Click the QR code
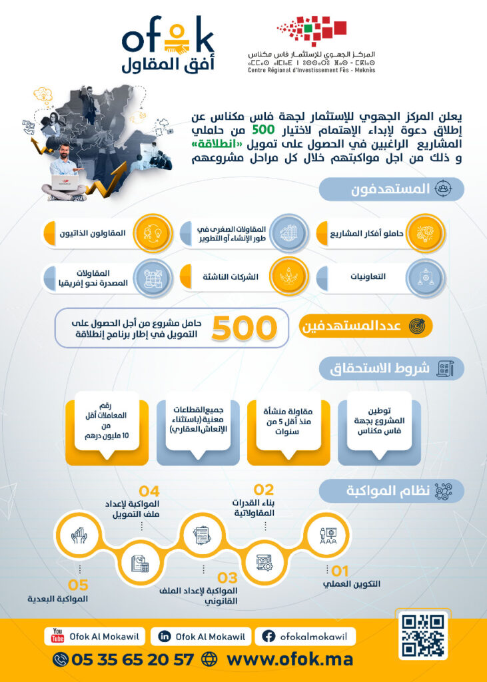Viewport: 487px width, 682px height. click(423, 635)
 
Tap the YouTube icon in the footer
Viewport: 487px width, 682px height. click(57, 636)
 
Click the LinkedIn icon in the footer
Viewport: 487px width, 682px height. click(164, 636)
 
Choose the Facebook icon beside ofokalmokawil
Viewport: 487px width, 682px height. click(268, 636)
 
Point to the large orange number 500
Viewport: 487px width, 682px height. click(244, 327)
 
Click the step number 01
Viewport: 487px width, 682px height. click(340, 571)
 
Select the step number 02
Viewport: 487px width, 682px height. click(264, 491)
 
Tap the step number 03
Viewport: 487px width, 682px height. click(227, 577)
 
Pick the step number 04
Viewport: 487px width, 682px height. click(149, 492)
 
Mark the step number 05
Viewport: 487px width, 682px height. click(78, 585)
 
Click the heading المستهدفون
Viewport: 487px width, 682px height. click(390, 189)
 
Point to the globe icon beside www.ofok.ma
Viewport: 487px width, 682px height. click(209, 659)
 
